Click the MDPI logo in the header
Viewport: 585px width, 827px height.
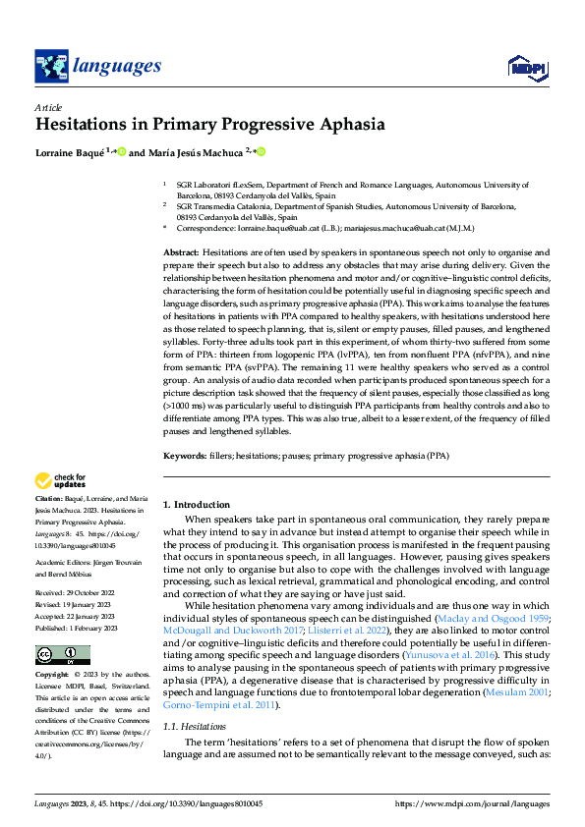pos(527,66)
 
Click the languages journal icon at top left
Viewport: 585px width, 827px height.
pos(51,66)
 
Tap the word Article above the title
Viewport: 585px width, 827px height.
pos(48,107)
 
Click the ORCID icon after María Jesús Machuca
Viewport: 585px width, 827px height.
pos(262,153)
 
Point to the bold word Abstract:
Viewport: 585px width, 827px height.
pos(183,253)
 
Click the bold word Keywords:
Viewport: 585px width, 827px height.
pos(185,456)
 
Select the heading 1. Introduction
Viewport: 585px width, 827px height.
pos(197,505)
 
